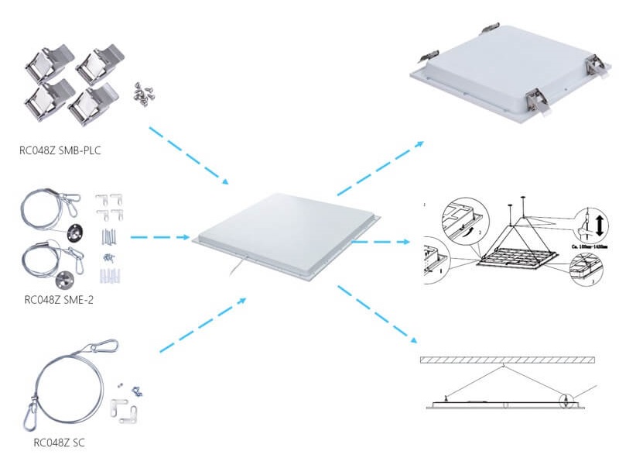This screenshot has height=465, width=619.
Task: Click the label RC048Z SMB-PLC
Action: [60, 150]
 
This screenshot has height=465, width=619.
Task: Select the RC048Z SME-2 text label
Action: [64, 299]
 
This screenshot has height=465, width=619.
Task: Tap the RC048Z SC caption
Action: [60, 443]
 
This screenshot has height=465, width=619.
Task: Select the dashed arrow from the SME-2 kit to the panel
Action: [160, 236]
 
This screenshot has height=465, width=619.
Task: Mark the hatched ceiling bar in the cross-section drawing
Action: [508, 360]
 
